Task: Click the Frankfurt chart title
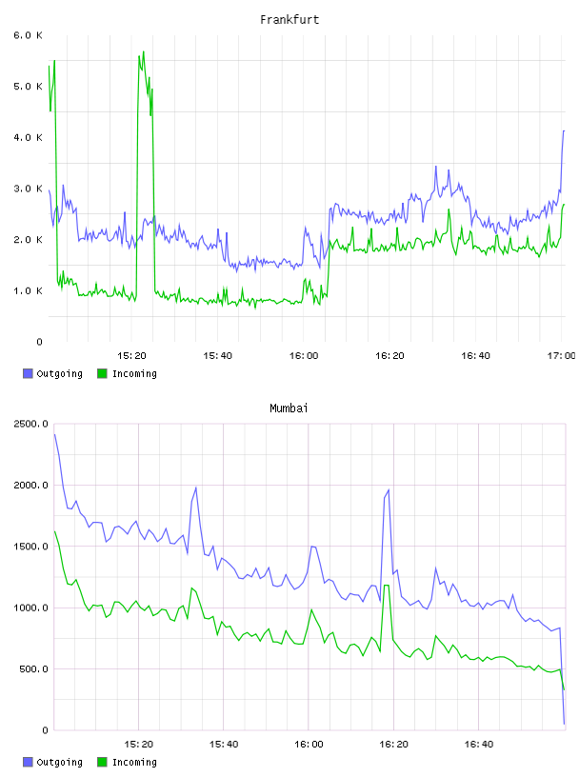pos(289,20)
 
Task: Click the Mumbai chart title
pos(289,408)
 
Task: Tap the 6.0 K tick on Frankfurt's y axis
pos(28,35)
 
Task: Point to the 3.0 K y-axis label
pos(28,189)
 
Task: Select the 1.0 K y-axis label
pos(28,290)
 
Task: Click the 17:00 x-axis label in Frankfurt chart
pos(562,355)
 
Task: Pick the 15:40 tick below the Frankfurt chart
pos(218,355)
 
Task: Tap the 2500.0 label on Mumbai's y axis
pos(30,424)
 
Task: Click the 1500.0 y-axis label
pos(30,546)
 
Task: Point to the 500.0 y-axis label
pos(33,669)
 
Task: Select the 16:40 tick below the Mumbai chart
pos(479,744)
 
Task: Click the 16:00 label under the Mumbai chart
pos(309,744)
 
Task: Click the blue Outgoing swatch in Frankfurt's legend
pos(28,373)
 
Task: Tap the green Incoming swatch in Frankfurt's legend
pos(102,373)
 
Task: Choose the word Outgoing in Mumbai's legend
pos(59,762)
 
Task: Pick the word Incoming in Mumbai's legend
pos(134,762)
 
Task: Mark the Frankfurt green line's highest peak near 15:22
pos(143,51)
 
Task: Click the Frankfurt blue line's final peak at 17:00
pos(564,130)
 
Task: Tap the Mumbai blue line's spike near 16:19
pos(389,489)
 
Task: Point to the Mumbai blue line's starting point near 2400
pos(54,434)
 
